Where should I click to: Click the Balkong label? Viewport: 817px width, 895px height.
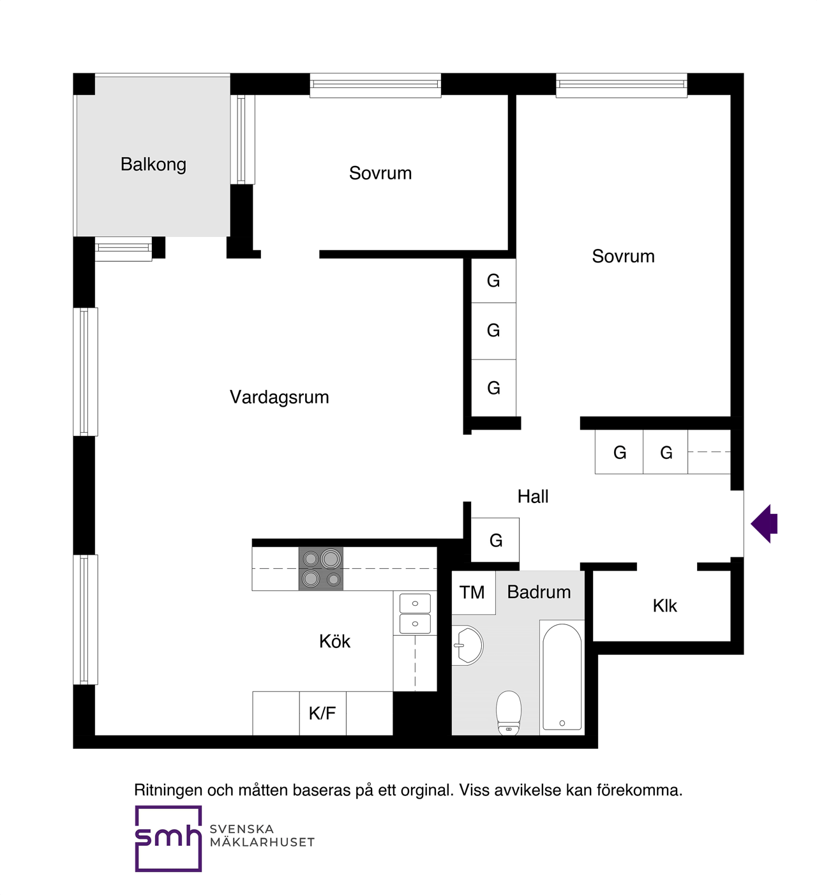click(x=153, y=165)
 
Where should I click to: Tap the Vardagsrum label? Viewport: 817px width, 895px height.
click(x=279, y=397)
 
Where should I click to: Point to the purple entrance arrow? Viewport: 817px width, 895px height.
click(x=765, y=523)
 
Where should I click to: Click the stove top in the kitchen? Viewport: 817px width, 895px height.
click(x=321, y=568)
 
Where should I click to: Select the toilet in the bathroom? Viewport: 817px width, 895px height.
click(x=509, y=712)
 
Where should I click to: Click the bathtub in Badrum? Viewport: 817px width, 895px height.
click(x=562, y=677)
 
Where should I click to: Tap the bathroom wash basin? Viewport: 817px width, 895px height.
click(x=468, y=645)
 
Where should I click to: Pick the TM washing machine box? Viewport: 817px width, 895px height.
click(x=472, y=592)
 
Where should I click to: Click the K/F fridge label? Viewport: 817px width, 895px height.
click(x=322, y=713)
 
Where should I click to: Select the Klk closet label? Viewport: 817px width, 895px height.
click(x=664, y=606)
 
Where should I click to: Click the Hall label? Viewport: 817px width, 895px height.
click(x=533, y=497)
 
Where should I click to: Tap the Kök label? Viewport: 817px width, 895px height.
click(x=334, y=642)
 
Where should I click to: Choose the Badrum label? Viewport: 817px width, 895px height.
click(x=539, y=592)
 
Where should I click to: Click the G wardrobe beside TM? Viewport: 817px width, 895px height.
click(x=495, y=541)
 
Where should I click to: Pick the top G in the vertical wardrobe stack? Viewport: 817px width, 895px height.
click(x=493, y=281)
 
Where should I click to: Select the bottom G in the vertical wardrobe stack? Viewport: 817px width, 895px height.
click(x=493, y=388)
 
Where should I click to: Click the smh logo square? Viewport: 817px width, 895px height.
click(x=168, y=838)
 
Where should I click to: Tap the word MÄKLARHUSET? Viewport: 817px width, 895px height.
click(x=262, y=843)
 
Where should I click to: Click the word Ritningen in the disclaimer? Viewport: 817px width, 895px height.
click(x=168, y=790)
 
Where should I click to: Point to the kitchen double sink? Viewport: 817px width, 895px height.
click(x=415, y=613)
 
